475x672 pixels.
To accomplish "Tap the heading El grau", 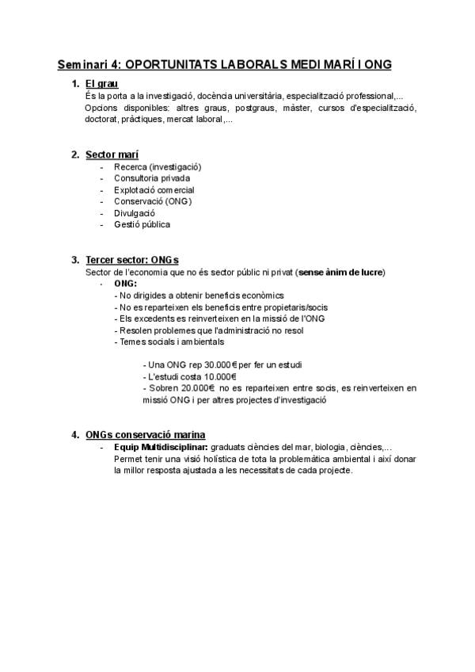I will [x=101, y=84].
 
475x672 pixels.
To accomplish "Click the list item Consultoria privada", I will [x=152, y=178].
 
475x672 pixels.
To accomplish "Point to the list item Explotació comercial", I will [x=154, y=190].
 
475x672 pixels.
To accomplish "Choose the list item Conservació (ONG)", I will [x=153, y=201].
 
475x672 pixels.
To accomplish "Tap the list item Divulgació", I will [x=135, y=213].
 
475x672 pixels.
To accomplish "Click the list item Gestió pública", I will [x=142, y=224].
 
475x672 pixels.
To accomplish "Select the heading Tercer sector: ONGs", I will [x=132, y=260].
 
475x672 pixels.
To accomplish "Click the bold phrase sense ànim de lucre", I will [x=340, y=272].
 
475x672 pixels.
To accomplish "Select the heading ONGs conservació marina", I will [x=146, y=435].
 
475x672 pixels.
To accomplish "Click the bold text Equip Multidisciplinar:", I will [x=161, y=447].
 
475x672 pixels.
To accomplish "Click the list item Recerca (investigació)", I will [x=158, y=167].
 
